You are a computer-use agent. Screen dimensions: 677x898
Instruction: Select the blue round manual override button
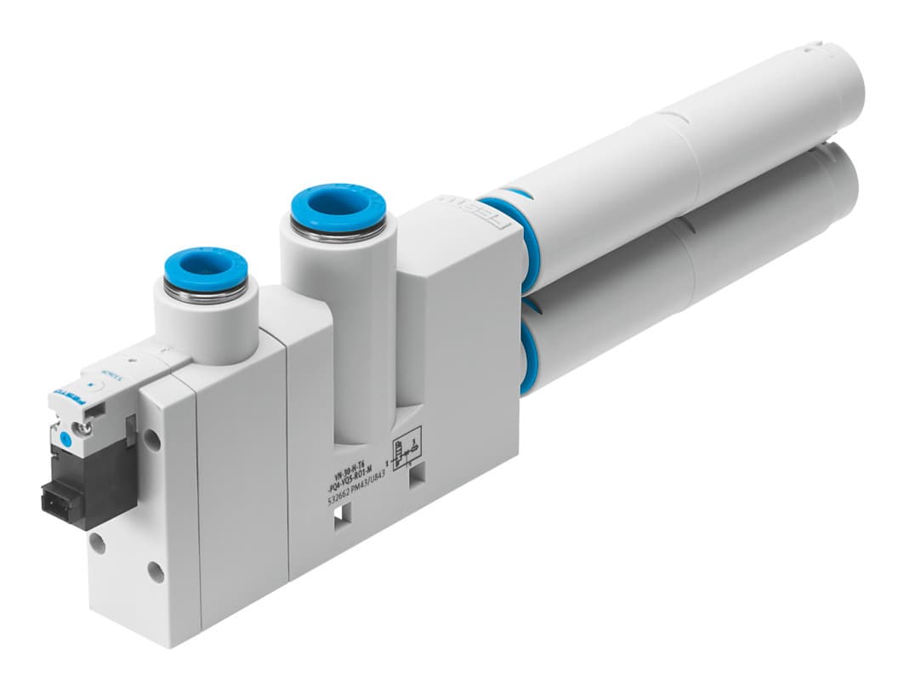(x=64, y=440)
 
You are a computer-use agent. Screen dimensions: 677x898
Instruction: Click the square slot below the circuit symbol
(x=416, y=479)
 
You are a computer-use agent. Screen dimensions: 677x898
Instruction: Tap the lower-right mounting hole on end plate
(x=156, y=572)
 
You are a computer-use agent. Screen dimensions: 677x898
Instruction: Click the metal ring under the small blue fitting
(x=205, y=293)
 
